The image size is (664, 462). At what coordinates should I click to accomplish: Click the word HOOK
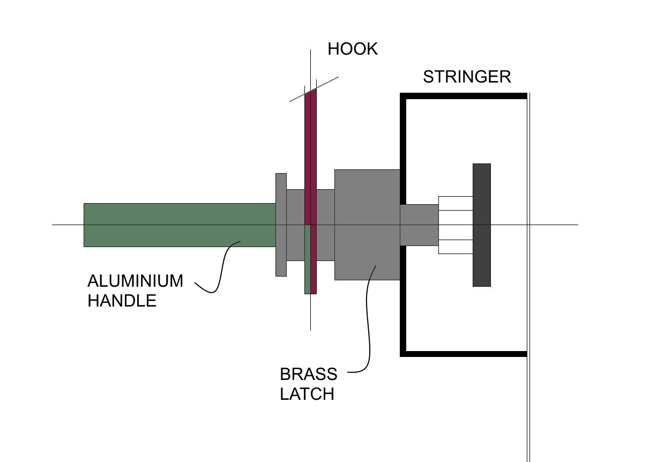coord(353,49)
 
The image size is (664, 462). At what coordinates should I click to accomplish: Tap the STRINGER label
coord(467,77)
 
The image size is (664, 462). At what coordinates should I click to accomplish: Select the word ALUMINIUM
coord(135,281)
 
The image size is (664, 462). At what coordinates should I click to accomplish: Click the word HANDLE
coord(122,301)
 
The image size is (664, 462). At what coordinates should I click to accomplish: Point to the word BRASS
coord(309,374)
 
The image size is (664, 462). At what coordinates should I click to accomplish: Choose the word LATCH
coord(307,394)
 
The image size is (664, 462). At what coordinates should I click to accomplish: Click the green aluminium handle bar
coord(180,225)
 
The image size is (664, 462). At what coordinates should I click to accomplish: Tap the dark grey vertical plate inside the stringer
coord(482,225)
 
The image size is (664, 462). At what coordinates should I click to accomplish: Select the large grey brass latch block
coord(367,225)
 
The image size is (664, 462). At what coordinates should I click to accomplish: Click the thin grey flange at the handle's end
coord(281,225)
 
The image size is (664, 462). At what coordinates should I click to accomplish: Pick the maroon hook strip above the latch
coord(311,157)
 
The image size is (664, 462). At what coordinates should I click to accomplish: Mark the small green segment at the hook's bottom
coord(308,259)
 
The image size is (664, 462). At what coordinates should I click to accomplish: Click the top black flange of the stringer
coord(464,96)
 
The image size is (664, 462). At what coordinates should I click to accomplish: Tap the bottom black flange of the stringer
coord(464,354)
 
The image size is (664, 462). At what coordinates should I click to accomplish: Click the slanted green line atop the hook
coord(314,90)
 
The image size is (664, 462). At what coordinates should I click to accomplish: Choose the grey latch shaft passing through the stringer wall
coord(420,225)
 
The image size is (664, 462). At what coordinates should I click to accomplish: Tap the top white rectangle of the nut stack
coord(456,204)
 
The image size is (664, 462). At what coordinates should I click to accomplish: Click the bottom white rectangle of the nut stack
coord(456,247)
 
